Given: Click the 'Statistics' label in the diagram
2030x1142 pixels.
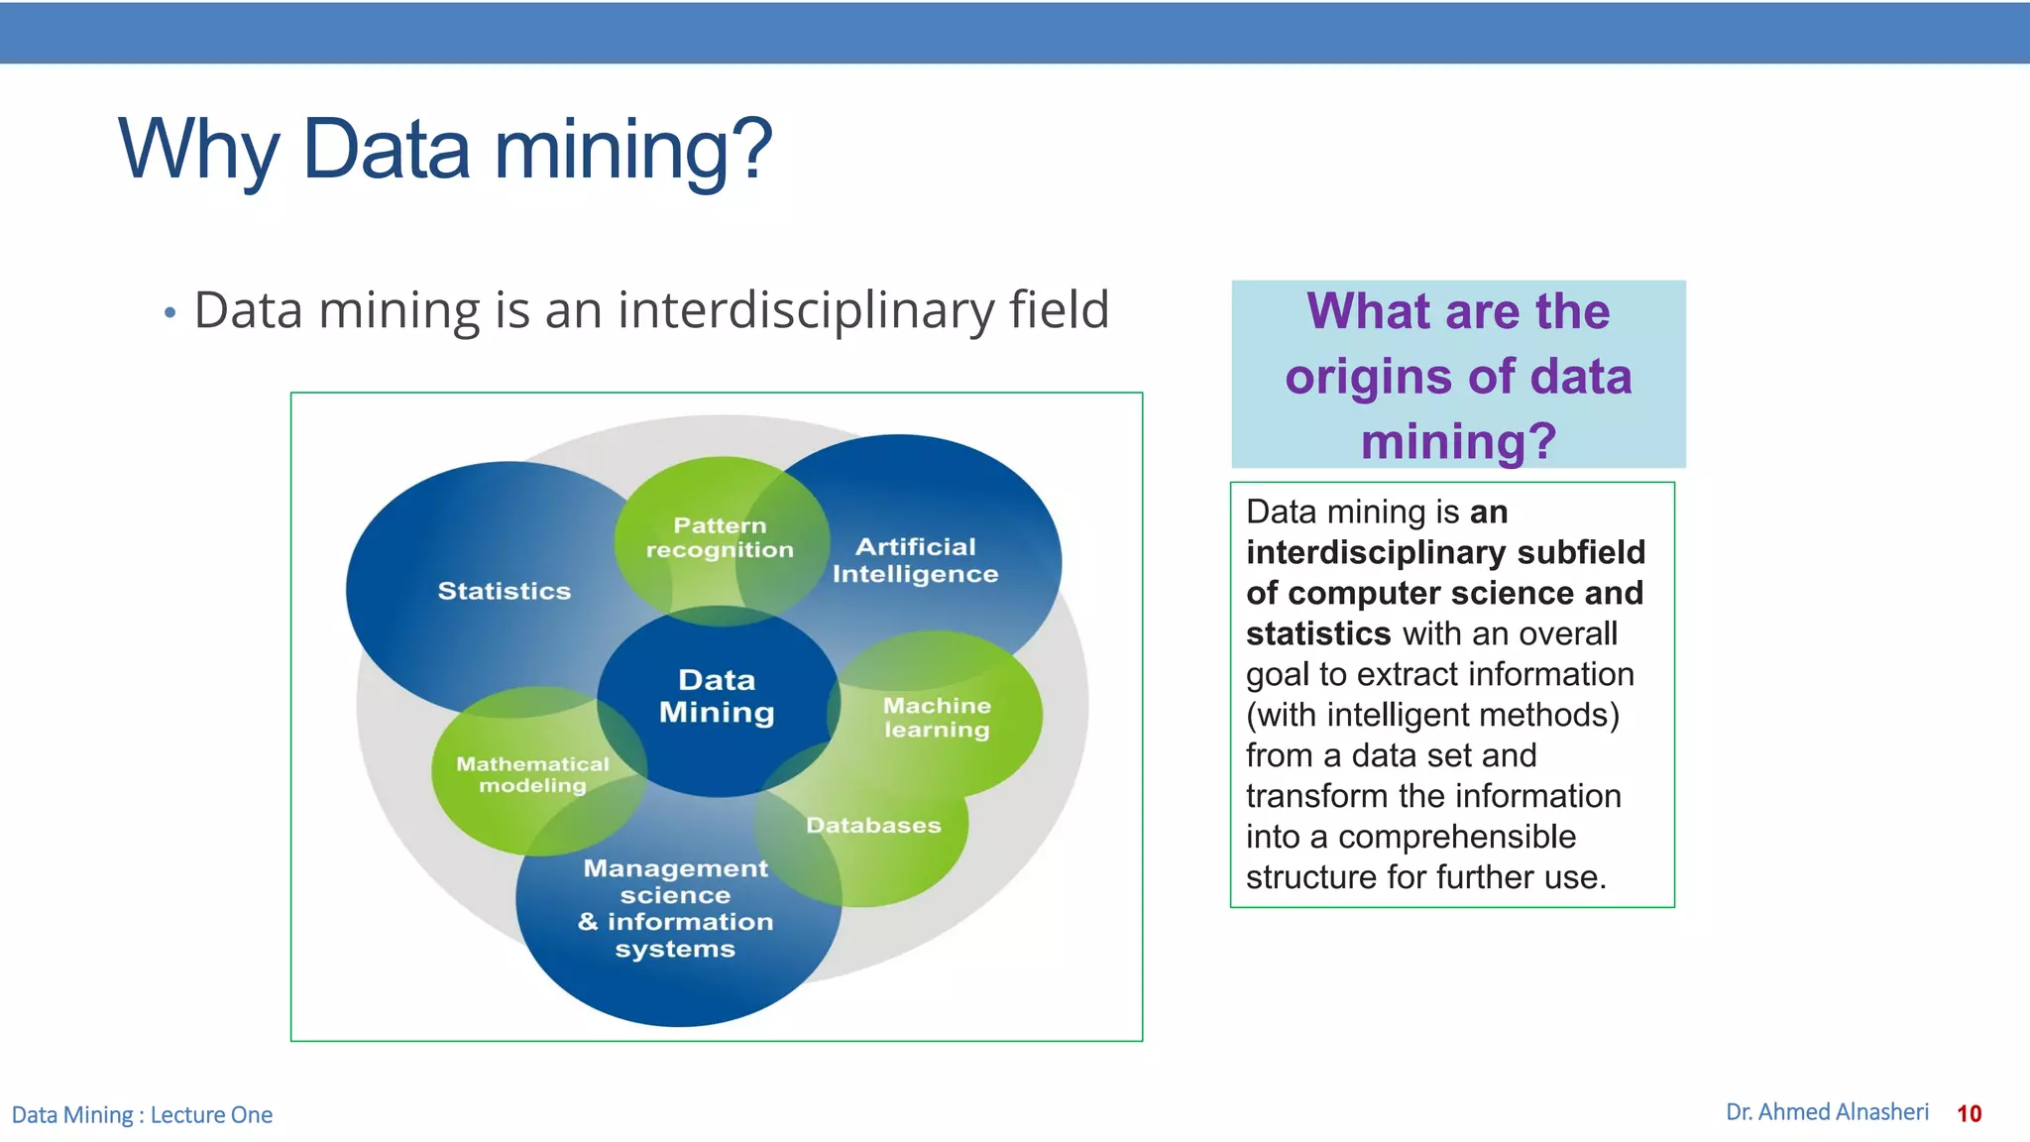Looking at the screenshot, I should pyautogui.click(x=505, y=591).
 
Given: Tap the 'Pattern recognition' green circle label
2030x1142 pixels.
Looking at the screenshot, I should pyautogui.click(x=720, y=537).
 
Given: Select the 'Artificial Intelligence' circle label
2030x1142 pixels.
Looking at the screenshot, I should pyautogui.click(x=915, y=560).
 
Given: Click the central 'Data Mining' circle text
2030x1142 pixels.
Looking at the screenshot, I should pyautogui.click(x=717, y=696).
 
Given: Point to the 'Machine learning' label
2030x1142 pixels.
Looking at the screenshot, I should pyautogui.click(x=937, y=717).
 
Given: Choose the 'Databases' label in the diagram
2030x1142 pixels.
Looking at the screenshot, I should pyautogui.click(x=873, y=825).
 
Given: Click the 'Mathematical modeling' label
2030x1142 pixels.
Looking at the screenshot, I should pyautogui.click(x=532, y=774).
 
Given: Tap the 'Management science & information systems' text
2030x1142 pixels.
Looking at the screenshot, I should pyautogui.click(x=675, y=908).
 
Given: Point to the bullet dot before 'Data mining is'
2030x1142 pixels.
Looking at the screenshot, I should pyautogui.click(x=169, y=313).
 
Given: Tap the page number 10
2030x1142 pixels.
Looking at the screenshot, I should pyautogui.click(x=1969, y=1113).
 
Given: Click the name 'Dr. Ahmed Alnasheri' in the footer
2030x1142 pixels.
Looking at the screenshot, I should pyautogui.click(x=1827, y=1112).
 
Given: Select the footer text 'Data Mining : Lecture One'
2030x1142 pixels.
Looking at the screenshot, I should pyautogui.click(x=142, y=1115).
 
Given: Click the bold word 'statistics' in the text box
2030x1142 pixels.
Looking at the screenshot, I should pyautogui.click(x=1318, y=633).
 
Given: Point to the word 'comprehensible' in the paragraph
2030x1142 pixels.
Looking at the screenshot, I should pyautogui.click(x=1456, y=837).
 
